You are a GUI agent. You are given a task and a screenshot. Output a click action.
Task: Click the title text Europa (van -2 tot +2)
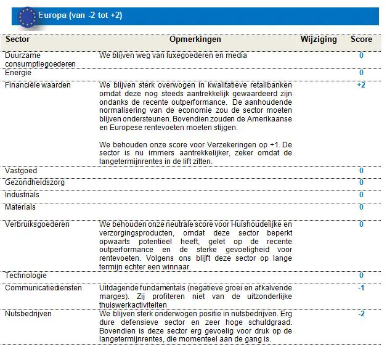pyautogui.click(x=80, y=15)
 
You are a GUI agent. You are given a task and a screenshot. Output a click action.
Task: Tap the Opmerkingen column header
pyautogui.click(x=195, y=39)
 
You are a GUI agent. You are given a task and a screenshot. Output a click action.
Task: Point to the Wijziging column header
pyautogui.click(x=319, y=39)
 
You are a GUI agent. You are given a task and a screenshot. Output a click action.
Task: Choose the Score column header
pyautogui.click(x=361, y=39)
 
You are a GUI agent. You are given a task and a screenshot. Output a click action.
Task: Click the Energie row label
pyautogui.click(x=18, y=73)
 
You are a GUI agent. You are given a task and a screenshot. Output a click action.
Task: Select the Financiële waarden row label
pyautogui.click(x=38, y=84)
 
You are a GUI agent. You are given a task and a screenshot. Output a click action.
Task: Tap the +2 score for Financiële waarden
pyautogui.click(x=361, y=84)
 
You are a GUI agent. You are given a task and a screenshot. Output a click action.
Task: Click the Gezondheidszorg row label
pyautogui.click(x=35, y=182)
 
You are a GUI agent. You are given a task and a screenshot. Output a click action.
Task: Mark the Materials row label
pyautogui.click(x=20, y=207)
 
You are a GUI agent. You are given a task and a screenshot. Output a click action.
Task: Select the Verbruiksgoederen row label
pyautogui.click(x=37, y=224)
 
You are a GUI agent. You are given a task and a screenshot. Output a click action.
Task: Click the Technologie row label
pyautogui.click(x=25, y=276)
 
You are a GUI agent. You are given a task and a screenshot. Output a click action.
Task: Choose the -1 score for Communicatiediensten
pyautogui.click(x=361, y=288)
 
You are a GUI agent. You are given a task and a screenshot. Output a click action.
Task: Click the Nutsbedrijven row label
pyautogui.click(x=28, y=314)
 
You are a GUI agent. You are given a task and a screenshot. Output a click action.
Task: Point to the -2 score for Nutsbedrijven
pyautogui.click(x=361, y=314)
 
